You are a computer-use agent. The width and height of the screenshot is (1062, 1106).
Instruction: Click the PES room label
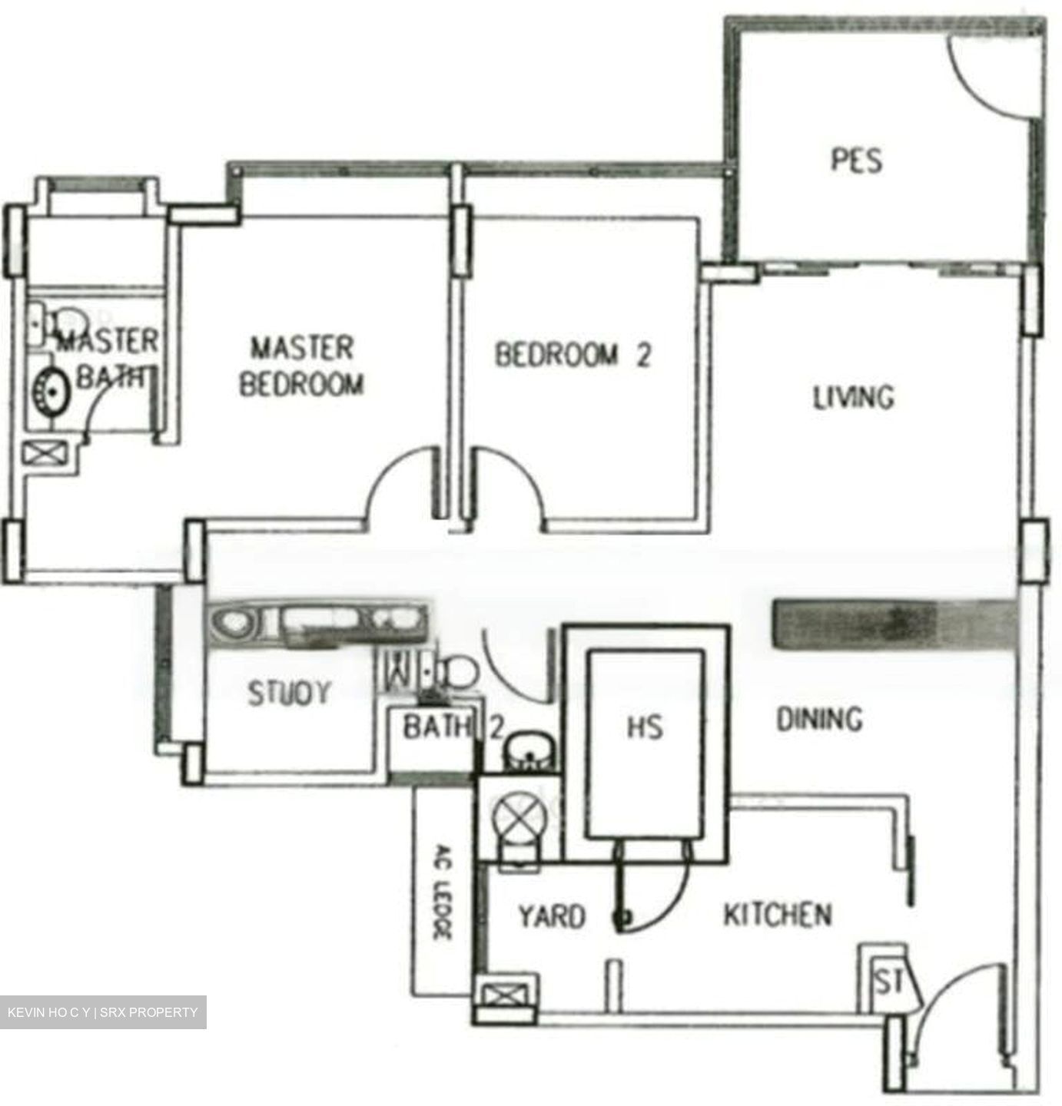(856, 160)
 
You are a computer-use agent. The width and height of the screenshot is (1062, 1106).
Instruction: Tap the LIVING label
(853, 397)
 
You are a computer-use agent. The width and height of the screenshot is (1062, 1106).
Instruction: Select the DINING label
(819, 719)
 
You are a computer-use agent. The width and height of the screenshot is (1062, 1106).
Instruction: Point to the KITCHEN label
(777, 915)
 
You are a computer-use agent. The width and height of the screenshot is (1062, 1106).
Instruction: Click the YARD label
(551, 916)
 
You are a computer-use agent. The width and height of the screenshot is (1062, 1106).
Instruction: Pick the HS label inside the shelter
(644, 727)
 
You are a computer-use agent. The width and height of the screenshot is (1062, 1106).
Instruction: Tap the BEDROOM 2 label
(572, 355)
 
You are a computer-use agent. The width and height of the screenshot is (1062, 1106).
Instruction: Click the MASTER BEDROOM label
(301, 366)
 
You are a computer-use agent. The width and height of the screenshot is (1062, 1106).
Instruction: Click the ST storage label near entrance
(888, 982)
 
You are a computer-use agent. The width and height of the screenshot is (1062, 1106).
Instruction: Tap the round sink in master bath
(51, 389)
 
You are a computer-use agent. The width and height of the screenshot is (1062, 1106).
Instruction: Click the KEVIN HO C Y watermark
(103, 1012)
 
